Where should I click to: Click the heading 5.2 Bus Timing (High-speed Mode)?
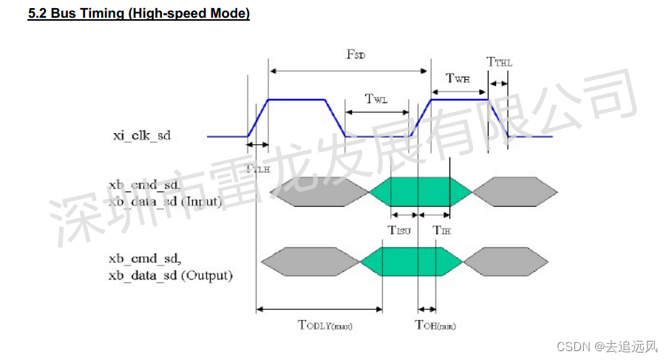[x=138, y=14]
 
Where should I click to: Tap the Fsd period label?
[x=356, y=55]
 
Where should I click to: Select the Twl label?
[x=376, y=100]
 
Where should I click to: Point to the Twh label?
[x=457, y=78]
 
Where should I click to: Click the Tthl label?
[x=499, y=63]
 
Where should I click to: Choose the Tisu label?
[x=400, y=230]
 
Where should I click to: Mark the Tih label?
[x=441, y=230]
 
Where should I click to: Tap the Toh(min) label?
[x=435, y=325]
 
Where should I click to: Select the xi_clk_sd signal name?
[x=141, y=135]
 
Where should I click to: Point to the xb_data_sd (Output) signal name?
[x=171, y=276]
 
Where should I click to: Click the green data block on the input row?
[x=419, y=191]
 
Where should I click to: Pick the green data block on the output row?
[x=410, y=261]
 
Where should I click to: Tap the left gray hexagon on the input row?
[x=319, y=191]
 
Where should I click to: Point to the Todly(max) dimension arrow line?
[x=319, y=309]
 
